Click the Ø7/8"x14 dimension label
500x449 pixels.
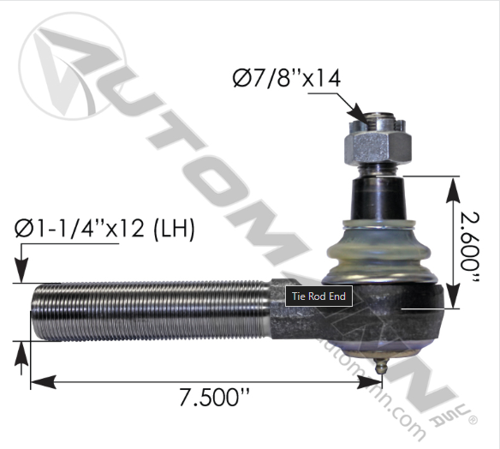287,79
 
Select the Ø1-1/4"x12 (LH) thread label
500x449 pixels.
105,229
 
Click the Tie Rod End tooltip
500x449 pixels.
318,297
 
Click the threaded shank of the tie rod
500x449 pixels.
146,311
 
